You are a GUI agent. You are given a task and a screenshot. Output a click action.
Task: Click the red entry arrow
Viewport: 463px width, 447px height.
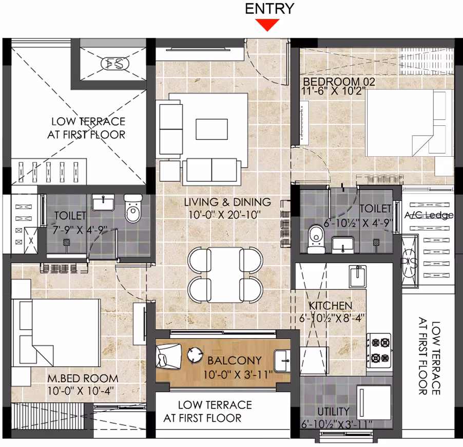click(267, 25)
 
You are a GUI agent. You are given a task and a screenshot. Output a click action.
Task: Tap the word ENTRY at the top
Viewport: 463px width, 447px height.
click(269, 9)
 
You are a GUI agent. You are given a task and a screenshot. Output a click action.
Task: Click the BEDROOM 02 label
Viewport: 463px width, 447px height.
click(339, 82)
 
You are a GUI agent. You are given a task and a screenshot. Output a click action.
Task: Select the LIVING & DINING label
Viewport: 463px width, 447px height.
click(227, 202)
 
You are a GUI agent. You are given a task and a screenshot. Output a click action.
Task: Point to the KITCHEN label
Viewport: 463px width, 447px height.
click(331, 306)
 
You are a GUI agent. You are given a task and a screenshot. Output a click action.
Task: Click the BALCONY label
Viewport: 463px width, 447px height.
click(235, 361)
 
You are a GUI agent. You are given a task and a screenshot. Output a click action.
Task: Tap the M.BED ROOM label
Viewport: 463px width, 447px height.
click(83, 379)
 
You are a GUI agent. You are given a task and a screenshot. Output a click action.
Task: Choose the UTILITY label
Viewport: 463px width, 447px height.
click(333, 411)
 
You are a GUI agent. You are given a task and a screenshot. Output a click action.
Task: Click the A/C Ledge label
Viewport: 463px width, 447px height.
click(429, 215)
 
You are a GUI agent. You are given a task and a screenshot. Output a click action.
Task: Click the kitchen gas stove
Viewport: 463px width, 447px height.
click(379, 350)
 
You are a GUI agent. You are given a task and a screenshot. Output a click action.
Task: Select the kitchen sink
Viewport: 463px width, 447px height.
click(358, 276)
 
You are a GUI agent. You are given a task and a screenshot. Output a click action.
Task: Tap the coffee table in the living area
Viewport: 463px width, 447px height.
click(211, 129)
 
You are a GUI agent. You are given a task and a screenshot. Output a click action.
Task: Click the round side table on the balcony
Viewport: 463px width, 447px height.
click(195, 355)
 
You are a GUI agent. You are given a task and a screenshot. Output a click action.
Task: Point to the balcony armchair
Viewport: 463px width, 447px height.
click(168, 356)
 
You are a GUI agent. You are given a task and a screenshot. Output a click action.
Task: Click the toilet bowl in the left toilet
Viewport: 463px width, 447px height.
click(133, 208)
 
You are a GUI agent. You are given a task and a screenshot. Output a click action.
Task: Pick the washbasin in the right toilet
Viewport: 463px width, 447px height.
click(343, 245)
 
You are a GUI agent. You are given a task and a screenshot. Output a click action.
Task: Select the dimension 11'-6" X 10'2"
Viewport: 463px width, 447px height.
click(334, 91)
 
